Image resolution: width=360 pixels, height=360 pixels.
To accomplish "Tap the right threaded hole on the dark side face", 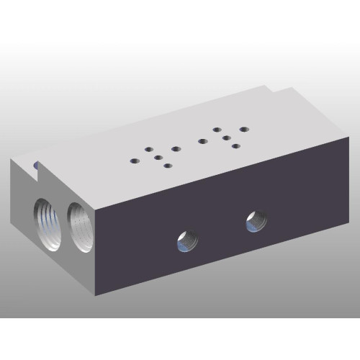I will coord(256,220).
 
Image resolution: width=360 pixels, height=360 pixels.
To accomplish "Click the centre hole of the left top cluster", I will coord(158,156).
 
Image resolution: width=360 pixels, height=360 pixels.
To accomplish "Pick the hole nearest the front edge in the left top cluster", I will coord(168,166).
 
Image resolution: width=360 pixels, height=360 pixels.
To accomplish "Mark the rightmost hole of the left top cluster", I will coord(176,148).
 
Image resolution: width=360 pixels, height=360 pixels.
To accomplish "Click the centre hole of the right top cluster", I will coord(225,137).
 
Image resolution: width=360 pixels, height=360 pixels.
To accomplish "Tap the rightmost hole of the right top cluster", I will coord(243,130).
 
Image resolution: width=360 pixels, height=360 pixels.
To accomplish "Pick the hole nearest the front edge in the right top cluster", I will coord(235,147).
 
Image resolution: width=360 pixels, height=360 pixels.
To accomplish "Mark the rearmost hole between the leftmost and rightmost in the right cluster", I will coord(217,130).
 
